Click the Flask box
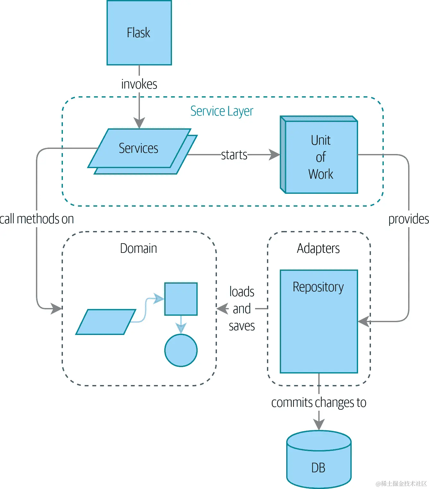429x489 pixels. point(139,33)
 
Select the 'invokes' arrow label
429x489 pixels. point(139,84)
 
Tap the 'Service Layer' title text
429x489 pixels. point(222,111)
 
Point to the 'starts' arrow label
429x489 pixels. point(234,155)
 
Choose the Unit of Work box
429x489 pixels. point(321,157)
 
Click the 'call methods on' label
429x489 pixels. point(37,219)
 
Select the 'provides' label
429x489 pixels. point(408,219)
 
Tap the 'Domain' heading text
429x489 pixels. point(139,248)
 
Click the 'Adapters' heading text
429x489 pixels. point(318,248)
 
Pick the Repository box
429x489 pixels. point(319,321)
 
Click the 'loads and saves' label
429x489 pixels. point(242,309)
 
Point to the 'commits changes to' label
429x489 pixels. point(319,402)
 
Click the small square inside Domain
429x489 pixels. point(181,299)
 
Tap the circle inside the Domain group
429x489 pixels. point(181,350)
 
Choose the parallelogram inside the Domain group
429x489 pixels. point(106,322)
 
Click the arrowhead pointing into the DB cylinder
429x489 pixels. point(319,425)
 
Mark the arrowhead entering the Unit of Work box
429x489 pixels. point(274,155)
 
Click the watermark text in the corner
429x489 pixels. point(401,484)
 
